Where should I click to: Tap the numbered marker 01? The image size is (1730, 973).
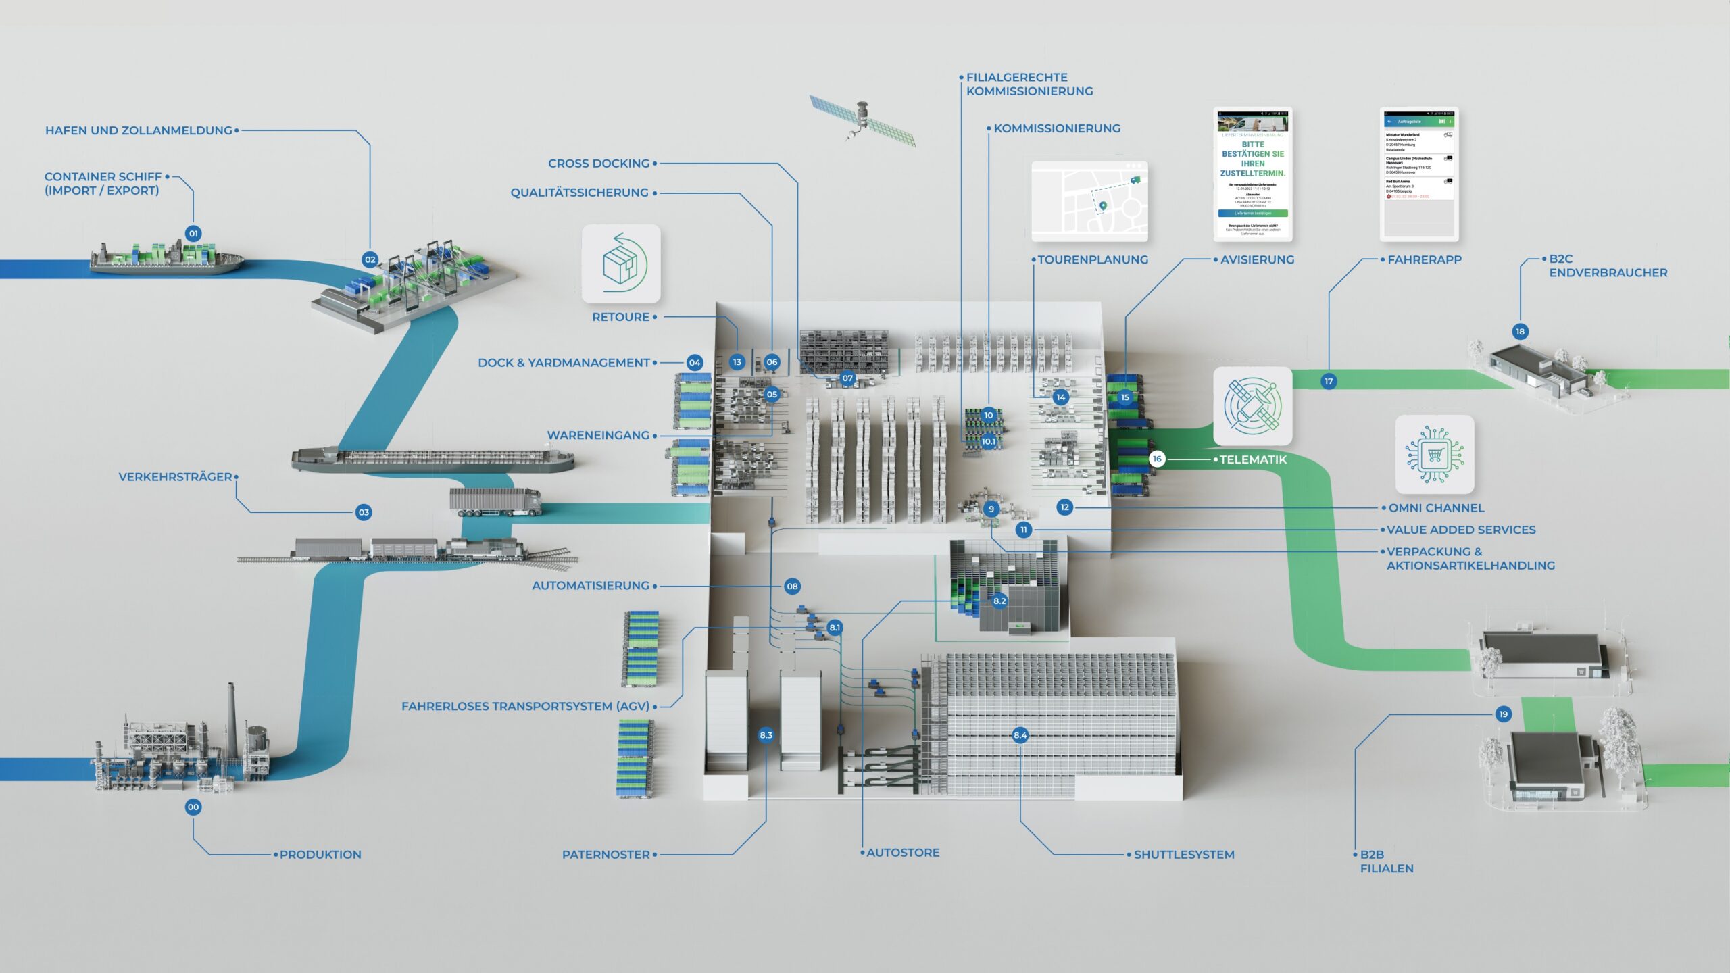tap(193, 234)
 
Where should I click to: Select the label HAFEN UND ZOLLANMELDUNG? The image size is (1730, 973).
tap(139, 130)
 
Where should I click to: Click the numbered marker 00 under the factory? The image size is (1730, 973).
tap(193, 807)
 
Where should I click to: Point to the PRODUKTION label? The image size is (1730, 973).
tap(320, 855)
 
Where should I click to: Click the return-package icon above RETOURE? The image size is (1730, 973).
tap(621, 264)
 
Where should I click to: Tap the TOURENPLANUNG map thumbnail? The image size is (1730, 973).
tap(1089, 201)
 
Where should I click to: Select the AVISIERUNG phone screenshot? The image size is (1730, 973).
tap(1253, 174)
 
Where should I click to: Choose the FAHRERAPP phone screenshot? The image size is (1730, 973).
tap(1419, 174)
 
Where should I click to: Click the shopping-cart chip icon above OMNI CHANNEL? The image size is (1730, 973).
tap(1435, 454)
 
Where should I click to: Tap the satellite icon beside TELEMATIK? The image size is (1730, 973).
tap(1253, 406)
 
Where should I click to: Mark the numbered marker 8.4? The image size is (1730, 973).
tap(1020, 735)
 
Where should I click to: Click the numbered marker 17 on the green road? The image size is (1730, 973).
tap(1329, 382)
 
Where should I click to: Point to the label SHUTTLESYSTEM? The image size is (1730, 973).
tap(1184, 855)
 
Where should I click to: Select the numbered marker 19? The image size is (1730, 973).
tap(1503, 714)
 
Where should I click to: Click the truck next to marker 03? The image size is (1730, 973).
tap(495, 503)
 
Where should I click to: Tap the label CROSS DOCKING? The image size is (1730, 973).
tap(599, 164)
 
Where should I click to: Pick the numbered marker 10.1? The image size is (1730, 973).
tap(988, 441)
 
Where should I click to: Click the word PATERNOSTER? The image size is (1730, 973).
tap(606, 855)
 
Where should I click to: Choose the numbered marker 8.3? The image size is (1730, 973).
tap(766, 735)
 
